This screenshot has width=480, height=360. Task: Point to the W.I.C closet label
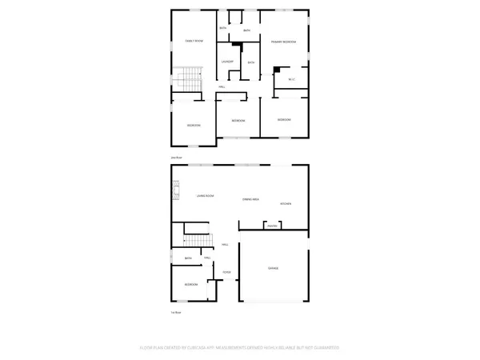point(291,79)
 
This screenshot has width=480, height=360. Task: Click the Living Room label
point(205,195)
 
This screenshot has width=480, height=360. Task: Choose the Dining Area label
point(250,199)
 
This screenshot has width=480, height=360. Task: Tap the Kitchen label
point(286,204)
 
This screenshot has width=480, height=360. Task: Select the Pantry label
point(272,226)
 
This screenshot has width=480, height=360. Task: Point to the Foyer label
point(226,272)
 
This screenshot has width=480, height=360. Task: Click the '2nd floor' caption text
point(177,158)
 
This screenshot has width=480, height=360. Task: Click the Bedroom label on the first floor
point(191,285)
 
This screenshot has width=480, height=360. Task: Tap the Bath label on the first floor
point(188,258)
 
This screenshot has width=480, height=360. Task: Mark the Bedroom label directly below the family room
point(194,126)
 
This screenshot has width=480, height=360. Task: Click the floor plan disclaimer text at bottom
point(240,347)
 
